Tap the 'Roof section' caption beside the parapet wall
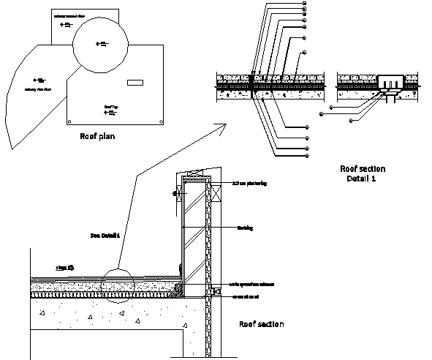tap(262, 324)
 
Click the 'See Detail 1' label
tap(105, 235)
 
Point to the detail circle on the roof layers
tap(116, 285)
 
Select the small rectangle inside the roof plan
tap(136, 83)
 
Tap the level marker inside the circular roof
tap(102, 45)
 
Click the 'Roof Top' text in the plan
tap(110, 107)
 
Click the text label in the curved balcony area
tap(38, 91)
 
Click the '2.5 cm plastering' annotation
tap(248, 183)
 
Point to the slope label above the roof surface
tap(65, 269)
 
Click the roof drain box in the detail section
tap(389, 78)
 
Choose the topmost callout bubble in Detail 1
tap(303, 3)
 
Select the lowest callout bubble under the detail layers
tap(304, 157)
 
